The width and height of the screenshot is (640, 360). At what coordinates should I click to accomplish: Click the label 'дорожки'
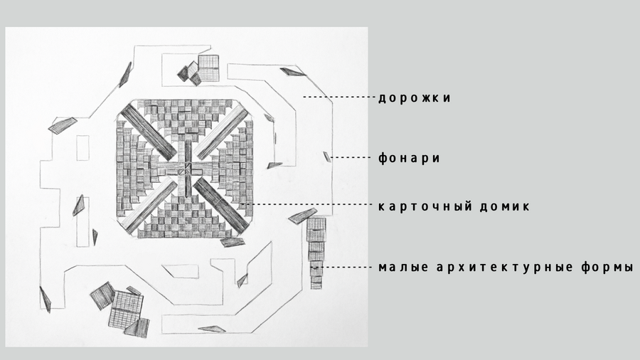(x=415, y=98)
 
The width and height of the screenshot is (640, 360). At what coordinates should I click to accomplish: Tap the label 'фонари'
(x=409, y=158)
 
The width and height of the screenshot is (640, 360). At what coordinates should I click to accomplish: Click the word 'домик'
(x=504, y=206)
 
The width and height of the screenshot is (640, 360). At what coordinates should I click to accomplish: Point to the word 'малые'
(x=403, y=268)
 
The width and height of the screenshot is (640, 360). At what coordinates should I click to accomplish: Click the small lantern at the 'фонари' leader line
(x=326, y=157)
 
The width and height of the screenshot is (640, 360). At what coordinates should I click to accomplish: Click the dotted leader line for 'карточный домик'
(x=308, y=203)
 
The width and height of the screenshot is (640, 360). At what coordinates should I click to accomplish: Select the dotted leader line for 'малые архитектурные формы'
(x=346, y=268)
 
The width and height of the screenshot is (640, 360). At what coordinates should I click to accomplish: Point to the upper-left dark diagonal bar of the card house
(x=149, y=132)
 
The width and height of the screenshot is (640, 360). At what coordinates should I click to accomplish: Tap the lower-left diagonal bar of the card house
(x=149, y=206)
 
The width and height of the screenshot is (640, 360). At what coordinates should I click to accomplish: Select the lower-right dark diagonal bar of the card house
(x=221, y=206)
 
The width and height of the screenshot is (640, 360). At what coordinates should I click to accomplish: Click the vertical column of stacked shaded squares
(x=316, y=253)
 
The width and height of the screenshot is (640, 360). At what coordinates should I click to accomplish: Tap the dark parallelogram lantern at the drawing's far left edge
(x=45, y=300)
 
